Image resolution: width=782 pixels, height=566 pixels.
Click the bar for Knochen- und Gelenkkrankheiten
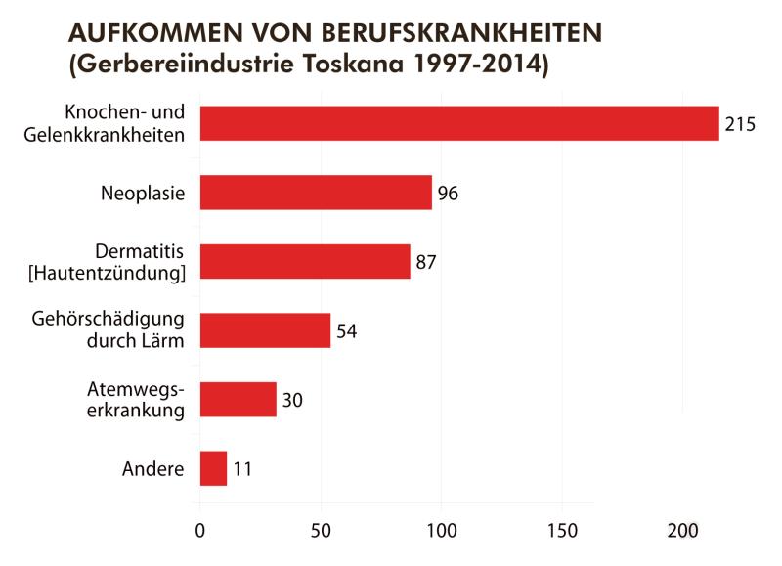click(459, 123)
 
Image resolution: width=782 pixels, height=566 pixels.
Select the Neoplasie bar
click(316, 193)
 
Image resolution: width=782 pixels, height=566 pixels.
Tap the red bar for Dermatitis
click(305, 261)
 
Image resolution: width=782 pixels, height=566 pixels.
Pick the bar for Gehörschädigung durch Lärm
click(265, 330)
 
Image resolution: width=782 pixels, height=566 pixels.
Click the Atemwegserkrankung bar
click(238, 400)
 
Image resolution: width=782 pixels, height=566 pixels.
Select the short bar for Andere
click(213, 468)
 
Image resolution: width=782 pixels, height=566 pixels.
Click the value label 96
click(449, 194)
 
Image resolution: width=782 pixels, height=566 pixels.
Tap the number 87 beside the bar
click(426, 262)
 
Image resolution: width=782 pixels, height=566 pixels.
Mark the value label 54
click(346, 331)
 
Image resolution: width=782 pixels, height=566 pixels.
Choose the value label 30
click(292, 401)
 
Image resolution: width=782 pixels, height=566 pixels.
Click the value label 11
click(242, 469)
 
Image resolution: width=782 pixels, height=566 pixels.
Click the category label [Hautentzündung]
click(108, 273)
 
